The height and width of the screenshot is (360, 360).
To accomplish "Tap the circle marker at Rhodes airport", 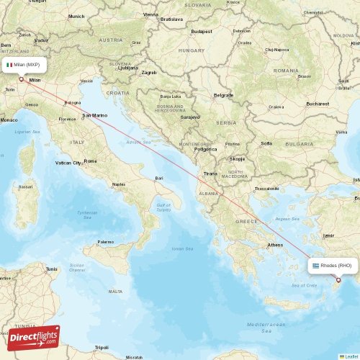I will click(x=338, y=280).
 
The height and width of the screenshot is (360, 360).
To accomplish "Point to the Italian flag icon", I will click(x=9, y=65).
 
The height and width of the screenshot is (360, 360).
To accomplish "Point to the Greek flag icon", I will click(x=315, y=266).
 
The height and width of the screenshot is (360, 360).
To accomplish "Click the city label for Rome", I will click(x=90, y=161).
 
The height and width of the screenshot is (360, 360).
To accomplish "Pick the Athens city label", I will click(x=275, y=245).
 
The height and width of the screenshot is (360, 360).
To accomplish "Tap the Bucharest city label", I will click(x=317, y=104).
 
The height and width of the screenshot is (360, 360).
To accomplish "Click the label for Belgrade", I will click(x=224, y=95).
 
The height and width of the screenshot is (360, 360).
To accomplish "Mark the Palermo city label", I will click(x=106, y=242).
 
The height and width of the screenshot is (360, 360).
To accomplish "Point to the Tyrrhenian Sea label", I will click(x=87, y=214).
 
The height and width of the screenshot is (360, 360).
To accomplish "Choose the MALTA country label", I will click(x=115, y=291).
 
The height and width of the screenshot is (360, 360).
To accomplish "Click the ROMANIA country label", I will click(x=286, y=71).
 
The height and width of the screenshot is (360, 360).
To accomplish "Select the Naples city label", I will click(x=119, y=184).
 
